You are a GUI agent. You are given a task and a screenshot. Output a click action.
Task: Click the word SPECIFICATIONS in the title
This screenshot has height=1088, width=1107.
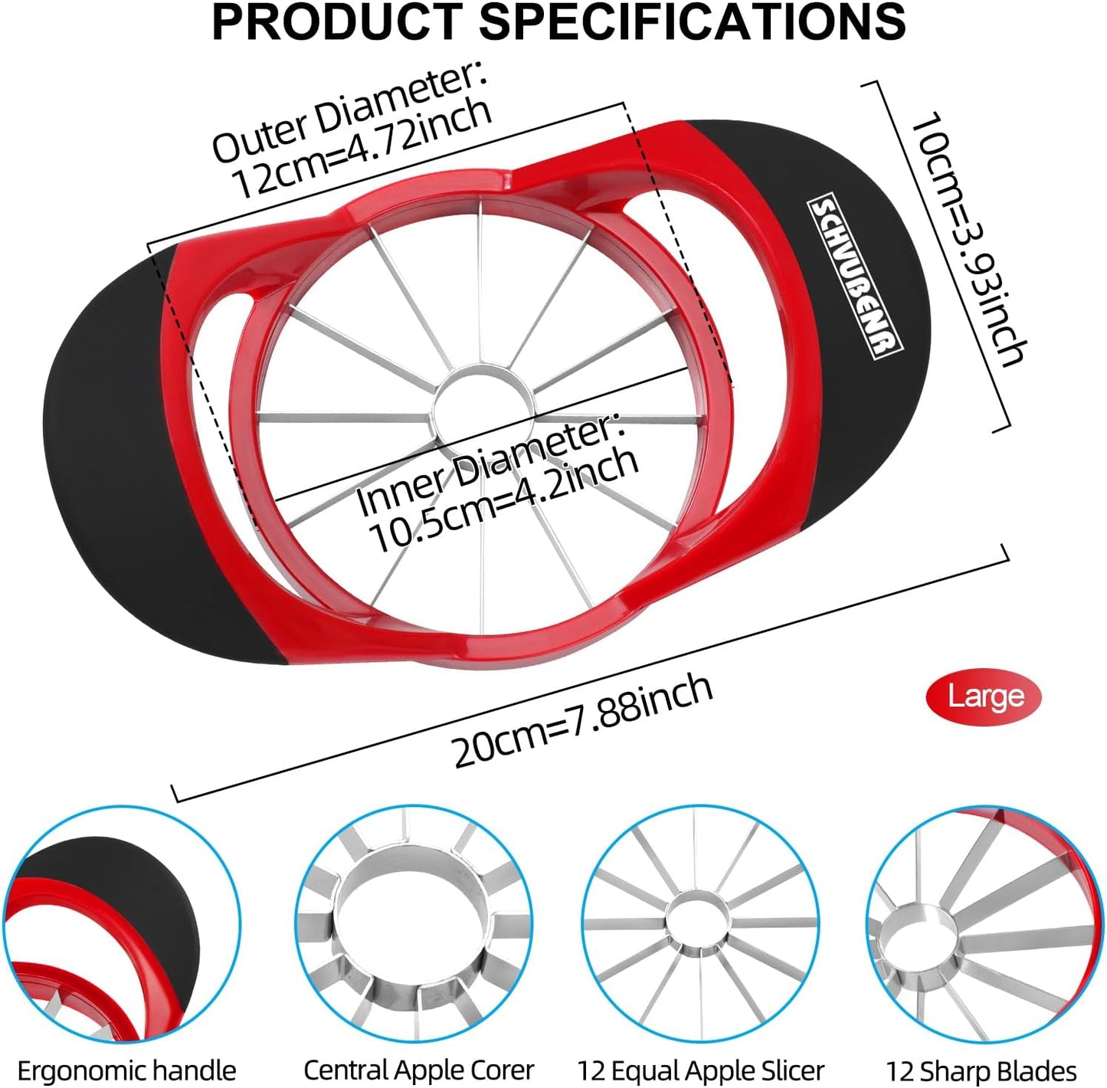693,21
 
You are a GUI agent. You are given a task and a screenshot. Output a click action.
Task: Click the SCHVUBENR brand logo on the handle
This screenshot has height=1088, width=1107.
855,279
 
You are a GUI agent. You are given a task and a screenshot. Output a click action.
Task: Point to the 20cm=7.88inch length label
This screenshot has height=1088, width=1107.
582,721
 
